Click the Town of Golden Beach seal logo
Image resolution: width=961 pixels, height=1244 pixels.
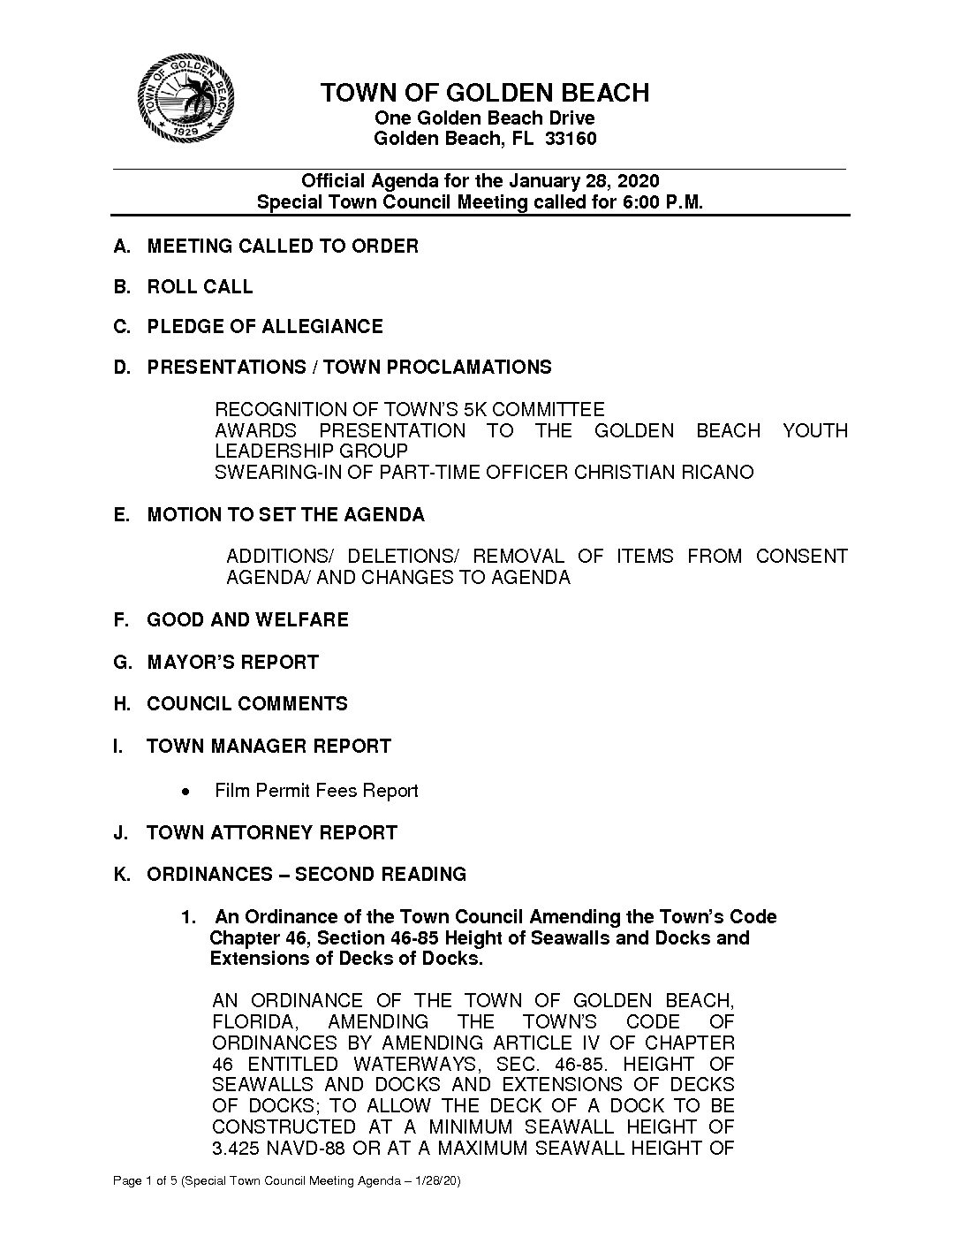185,98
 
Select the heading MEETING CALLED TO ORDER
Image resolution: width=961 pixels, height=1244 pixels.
283,246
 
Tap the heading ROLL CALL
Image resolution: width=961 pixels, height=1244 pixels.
200,286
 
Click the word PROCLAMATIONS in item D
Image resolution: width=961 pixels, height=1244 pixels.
470,367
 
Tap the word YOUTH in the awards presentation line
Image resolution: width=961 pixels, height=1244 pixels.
814,431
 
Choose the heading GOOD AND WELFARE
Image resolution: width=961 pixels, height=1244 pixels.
247,619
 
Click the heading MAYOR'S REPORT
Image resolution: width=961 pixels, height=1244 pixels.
232,662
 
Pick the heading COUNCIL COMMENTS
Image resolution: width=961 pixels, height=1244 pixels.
247,703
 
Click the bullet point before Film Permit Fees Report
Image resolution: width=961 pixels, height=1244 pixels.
185,791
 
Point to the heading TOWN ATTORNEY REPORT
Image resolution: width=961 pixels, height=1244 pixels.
272,832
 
